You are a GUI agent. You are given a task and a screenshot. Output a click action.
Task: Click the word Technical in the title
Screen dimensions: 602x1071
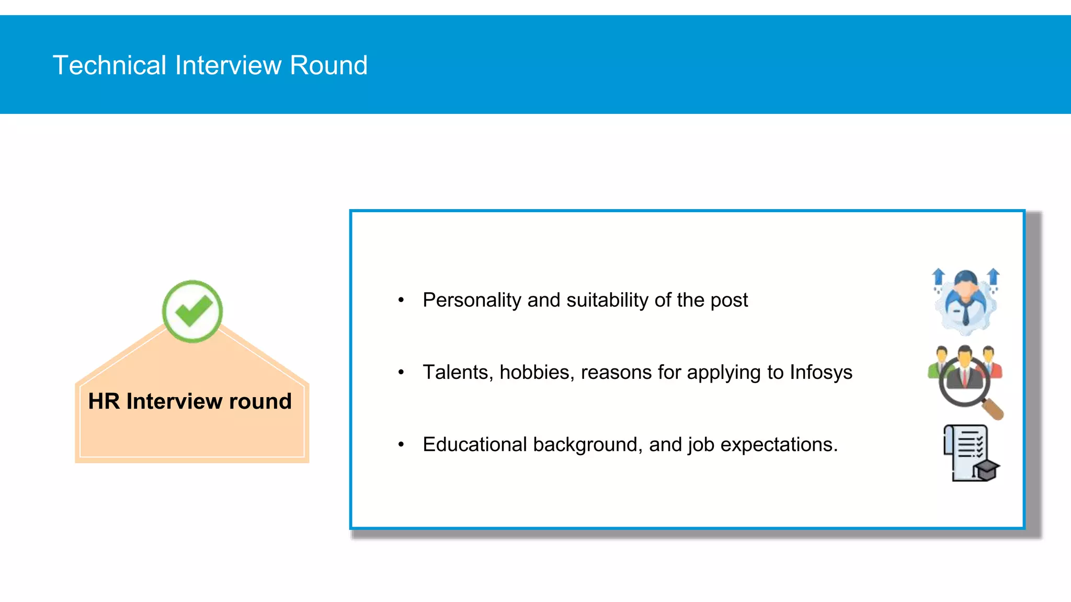pyautogui.click(x=109, y=65)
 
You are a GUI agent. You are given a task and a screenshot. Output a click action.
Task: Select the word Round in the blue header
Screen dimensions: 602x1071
pyautogui.click(x=328, y=65)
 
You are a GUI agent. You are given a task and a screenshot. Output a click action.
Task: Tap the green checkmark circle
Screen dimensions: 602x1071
pyautogui.click(x=192, y=311)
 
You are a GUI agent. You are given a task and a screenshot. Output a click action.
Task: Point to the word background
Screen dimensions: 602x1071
pyautogui.click(x=587, y=445)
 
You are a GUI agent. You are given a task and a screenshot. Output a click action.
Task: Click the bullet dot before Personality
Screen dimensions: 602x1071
pyautogui.click(x=401, y=300)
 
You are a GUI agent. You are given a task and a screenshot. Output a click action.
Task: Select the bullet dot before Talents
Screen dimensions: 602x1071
pyautogui.click(x=401, y=373)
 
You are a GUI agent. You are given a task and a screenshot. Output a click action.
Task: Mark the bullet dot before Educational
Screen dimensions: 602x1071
pyautogui.click(x=401, y=445)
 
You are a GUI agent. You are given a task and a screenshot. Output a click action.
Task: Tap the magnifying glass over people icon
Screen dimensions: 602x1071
pyautogui.click(x=965, y=381)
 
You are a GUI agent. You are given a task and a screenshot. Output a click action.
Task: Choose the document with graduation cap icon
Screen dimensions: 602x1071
pyautogui.click(x=971, y=453)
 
